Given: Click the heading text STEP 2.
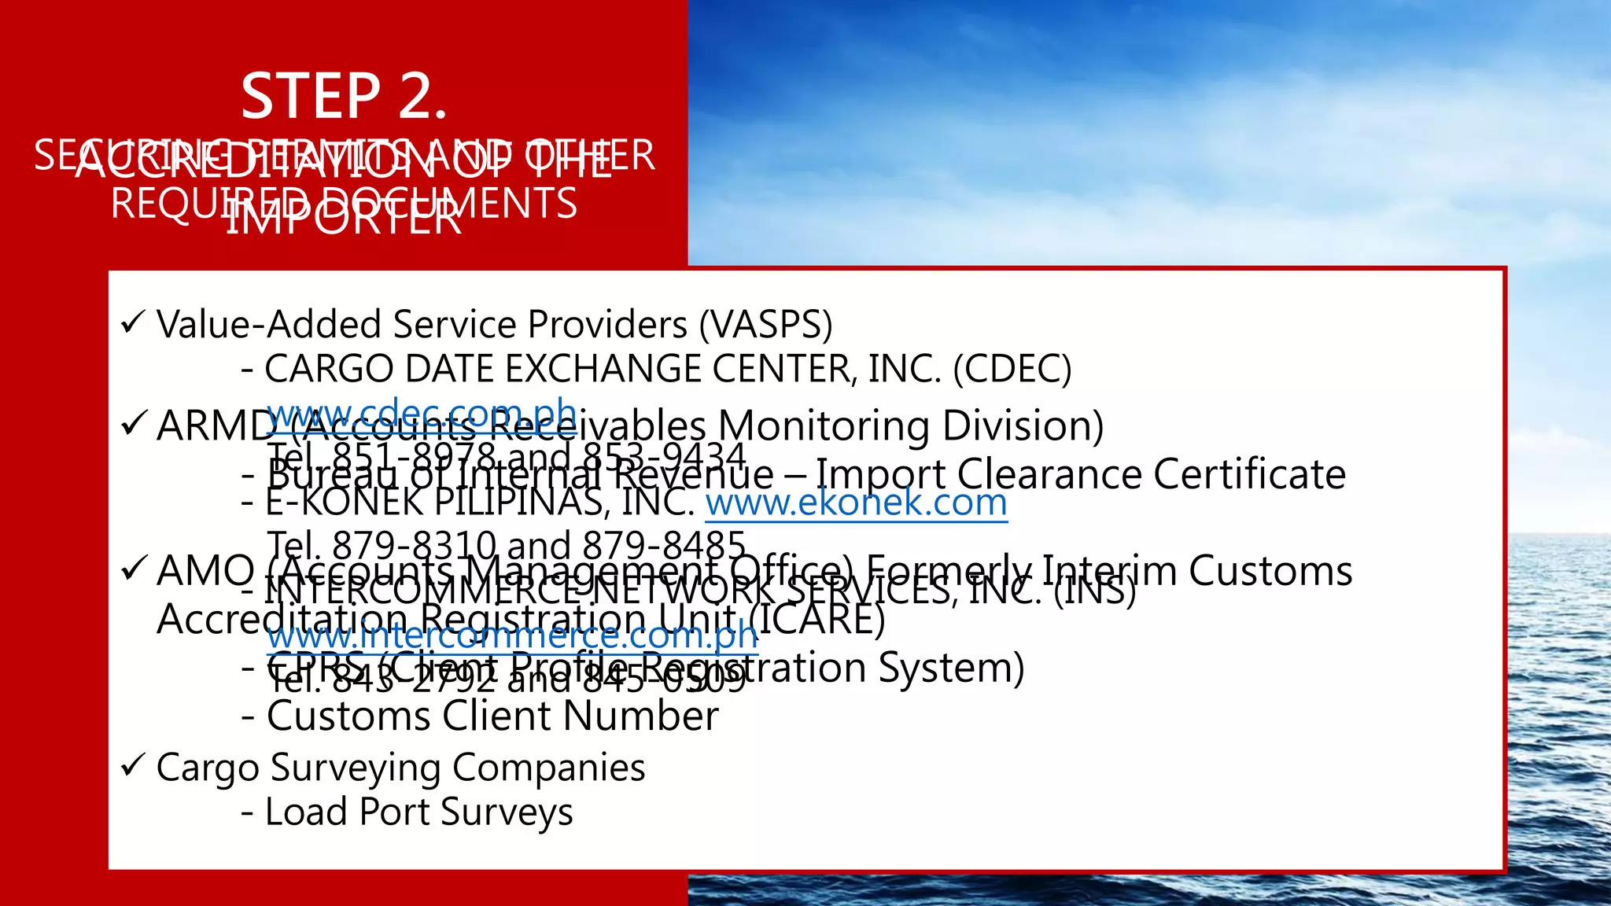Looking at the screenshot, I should pyautogui.click(x=344, y=97).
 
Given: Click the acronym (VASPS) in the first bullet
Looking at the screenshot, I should pyautogui.click(x=765, y=325).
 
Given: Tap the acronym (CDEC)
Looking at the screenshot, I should pyautogui.click(x=1012, y=369).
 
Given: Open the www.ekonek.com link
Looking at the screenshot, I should pyautogui.click(x=856, y=503).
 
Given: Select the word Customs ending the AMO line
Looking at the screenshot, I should pyautogui.click(x=1270, y=571).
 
